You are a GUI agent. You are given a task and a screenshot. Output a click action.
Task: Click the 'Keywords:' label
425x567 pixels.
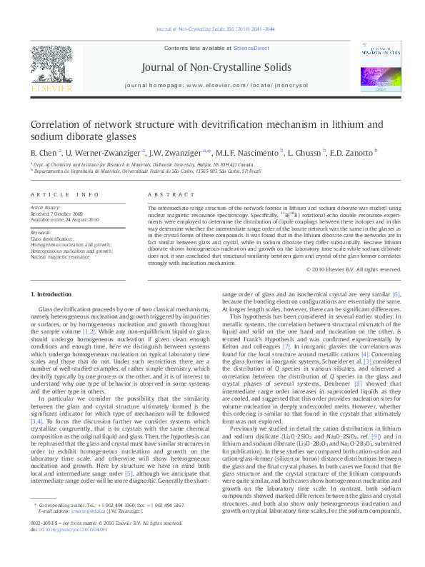tap(41, 233)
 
